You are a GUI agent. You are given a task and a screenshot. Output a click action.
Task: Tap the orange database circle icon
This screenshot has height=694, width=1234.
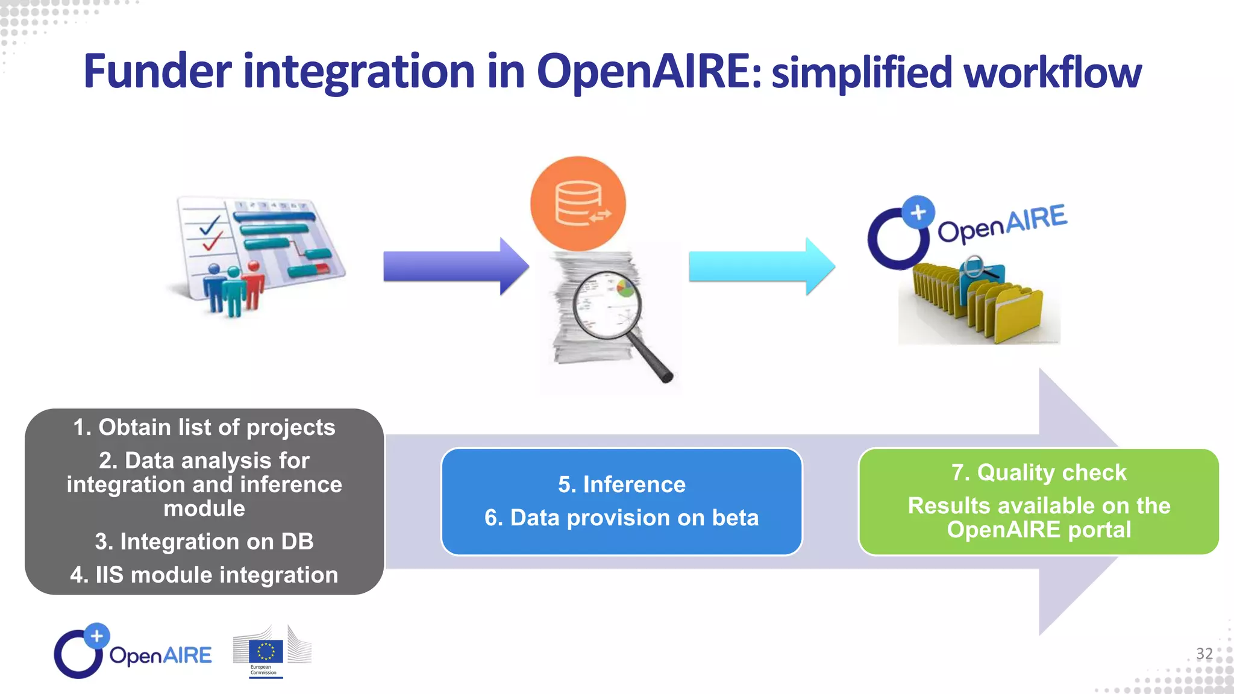pyautogui.click(x=578, y=204)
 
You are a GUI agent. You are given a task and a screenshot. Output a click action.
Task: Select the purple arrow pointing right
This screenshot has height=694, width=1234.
pyautogui.click(x=456, y=266)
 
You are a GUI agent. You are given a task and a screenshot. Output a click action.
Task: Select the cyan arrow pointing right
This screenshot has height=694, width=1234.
pyautogui.click(x=761, y=266)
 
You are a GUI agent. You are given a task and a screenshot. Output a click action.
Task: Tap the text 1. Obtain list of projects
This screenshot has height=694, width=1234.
pyautogui.click(x=204, y=427)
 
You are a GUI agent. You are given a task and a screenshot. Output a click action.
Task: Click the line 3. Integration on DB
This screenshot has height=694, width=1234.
pyautogui.click(x=204, y=542)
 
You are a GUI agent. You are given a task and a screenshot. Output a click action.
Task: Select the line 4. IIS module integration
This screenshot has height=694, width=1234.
pyautogui.click(x=204, y=575)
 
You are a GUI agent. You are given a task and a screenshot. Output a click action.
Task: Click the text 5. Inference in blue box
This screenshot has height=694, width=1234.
pyautogui.click(x=621, y=484)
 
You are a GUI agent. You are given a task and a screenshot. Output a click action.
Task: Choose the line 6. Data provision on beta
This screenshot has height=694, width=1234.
pyautogui.click(x=621, y=517)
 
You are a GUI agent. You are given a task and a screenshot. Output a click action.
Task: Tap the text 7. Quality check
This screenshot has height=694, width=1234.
pyautogui.click(x=1038, y=472)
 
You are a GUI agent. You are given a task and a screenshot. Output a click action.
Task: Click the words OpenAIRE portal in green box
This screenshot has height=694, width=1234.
pyautogui.click(x=1038, y=530)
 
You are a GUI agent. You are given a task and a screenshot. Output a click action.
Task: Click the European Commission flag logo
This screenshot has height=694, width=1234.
pyautogui.click(x=266, y=652)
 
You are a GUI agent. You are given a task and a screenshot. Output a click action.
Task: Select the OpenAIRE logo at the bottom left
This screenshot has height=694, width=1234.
pyautogui.click(x=133, y=652)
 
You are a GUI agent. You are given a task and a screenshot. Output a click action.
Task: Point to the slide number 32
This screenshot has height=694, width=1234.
pyautogui.click(x=1204, y=654)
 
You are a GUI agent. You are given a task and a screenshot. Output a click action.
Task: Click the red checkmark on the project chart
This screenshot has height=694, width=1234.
pyautogui.click(x=211, y=243)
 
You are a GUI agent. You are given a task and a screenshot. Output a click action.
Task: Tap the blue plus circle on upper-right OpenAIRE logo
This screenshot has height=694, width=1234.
pyautogui.click(x=918, y=212)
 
